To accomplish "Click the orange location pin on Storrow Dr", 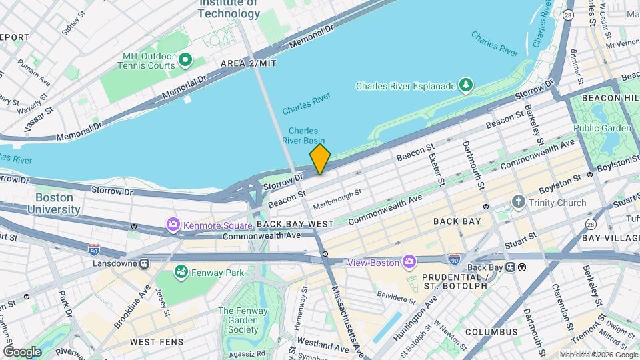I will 320,159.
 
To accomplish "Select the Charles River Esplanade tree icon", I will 466,85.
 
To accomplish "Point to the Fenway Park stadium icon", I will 180,272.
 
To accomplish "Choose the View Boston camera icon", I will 409,262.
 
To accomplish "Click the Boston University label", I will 54,203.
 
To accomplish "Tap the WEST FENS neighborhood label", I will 152,342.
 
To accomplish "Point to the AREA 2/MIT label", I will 248,63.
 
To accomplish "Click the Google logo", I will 22,352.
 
